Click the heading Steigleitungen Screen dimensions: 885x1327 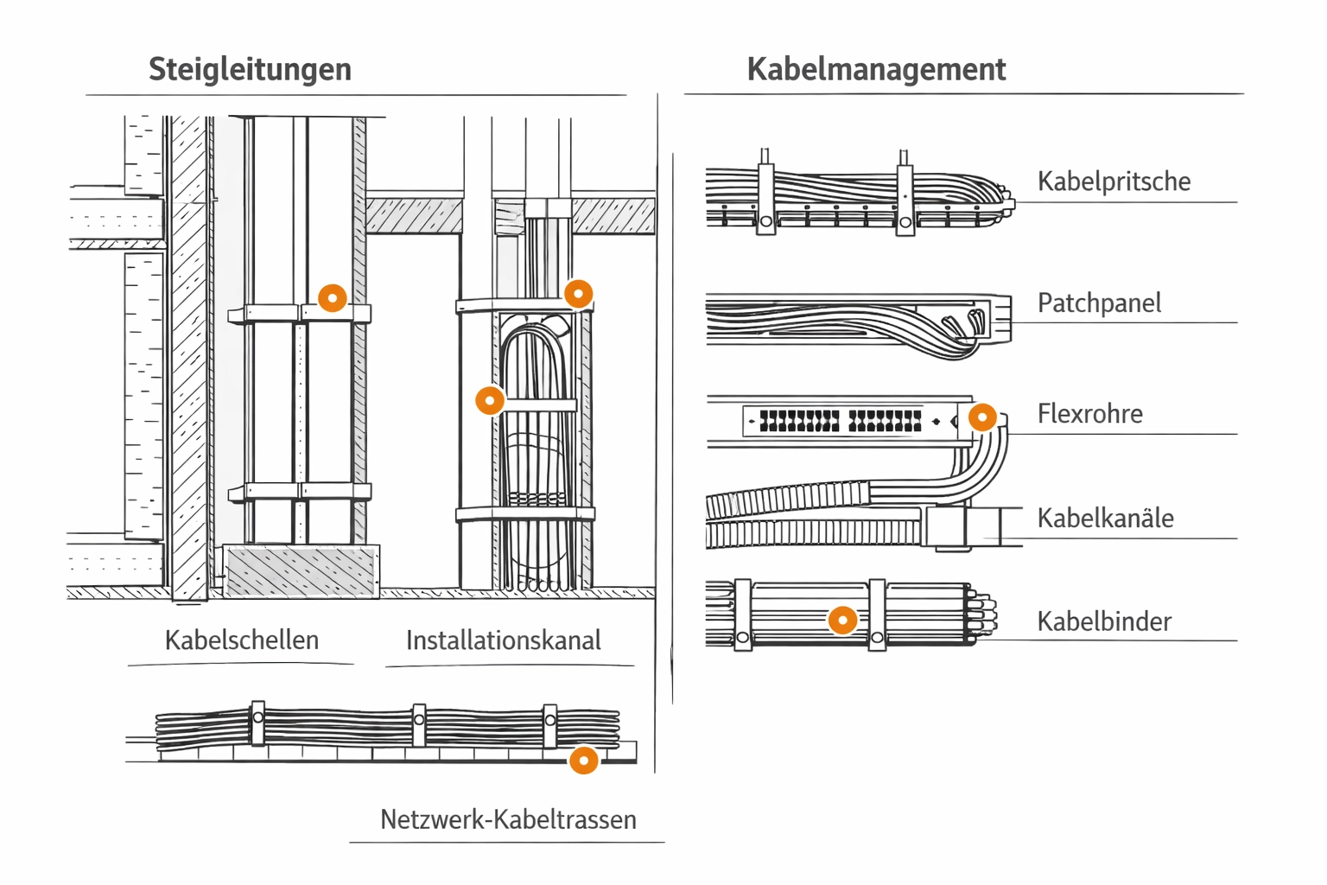[x=250, y=69]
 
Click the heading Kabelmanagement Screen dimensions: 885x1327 [x=876, y=69]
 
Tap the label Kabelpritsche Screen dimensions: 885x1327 [x=1114, y=181]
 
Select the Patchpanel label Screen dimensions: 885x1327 [x=1099, y=303]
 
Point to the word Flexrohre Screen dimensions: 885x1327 [x=1089, y=414]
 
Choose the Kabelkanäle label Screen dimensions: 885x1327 [x=1105, y=519]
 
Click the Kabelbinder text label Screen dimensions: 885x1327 [x=1104, y=621]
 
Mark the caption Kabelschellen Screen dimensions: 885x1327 [x=242, y=640]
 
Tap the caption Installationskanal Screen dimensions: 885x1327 [x=504, y=640]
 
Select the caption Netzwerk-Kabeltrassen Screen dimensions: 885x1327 [x=508, y=819]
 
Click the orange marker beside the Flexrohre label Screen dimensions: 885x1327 [x=982, y=417]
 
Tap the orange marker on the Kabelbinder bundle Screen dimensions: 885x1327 [x=842, y=620]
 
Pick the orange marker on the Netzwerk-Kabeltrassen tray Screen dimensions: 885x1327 [x=584, y=761]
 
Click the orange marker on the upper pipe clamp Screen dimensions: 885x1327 [x=333, y=298]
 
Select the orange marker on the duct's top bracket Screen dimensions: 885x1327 [x=578, y=294]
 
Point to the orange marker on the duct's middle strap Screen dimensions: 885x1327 [x=490, y=400]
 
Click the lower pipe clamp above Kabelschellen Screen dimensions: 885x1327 [x=300, y=492]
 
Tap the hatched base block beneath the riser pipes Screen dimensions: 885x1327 [x=301, y=570]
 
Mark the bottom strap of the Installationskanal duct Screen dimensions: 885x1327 [x=525, y=515]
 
